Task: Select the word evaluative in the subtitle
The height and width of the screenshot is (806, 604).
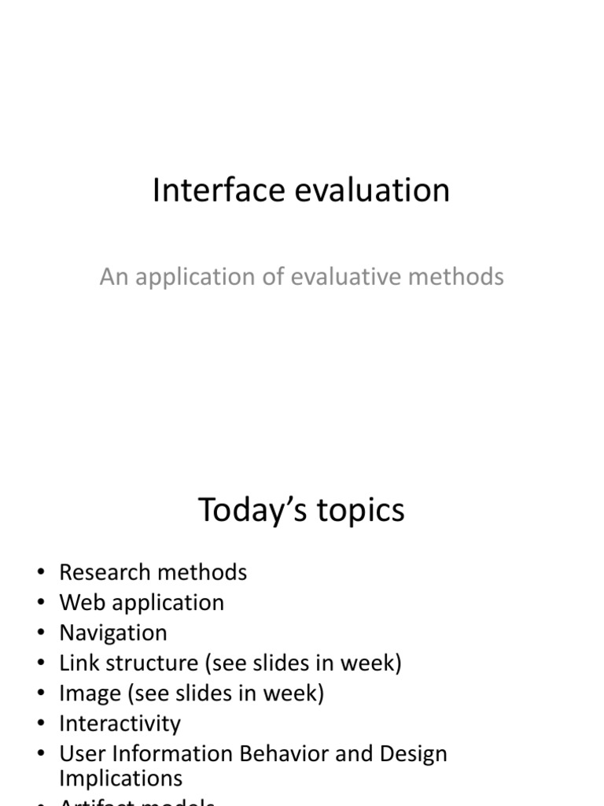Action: pyautogui.click(x=344, y=277)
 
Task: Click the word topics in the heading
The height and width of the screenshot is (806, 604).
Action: pyautogui.click(x=362, y=510)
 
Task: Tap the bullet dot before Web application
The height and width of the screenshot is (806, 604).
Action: pyautogui.click(x=41, y=603)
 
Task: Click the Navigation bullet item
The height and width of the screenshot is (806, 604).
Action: pyautogui.click(x=113, y=633)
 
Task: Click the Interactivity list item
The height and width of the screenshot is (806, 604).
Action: pyautogui.click(x=120, y=723)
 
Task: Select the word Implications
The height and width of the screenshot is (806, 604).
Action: pyautogui.click(x=120, y=778)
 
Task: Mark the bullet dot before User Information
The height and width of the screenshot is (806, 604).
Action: pyautogui.click(x=41, y=754)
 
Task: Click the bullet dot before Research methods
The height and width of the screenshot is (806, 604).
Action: pyautogui.click(x=41, y=572)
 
